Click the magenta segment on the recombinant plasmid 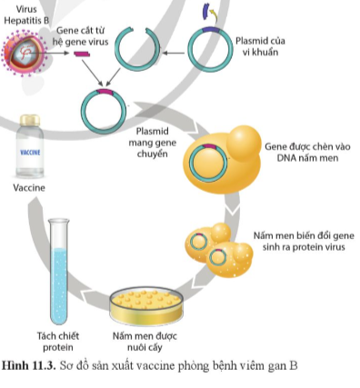105,93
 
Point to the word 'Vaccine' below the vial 28,189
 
